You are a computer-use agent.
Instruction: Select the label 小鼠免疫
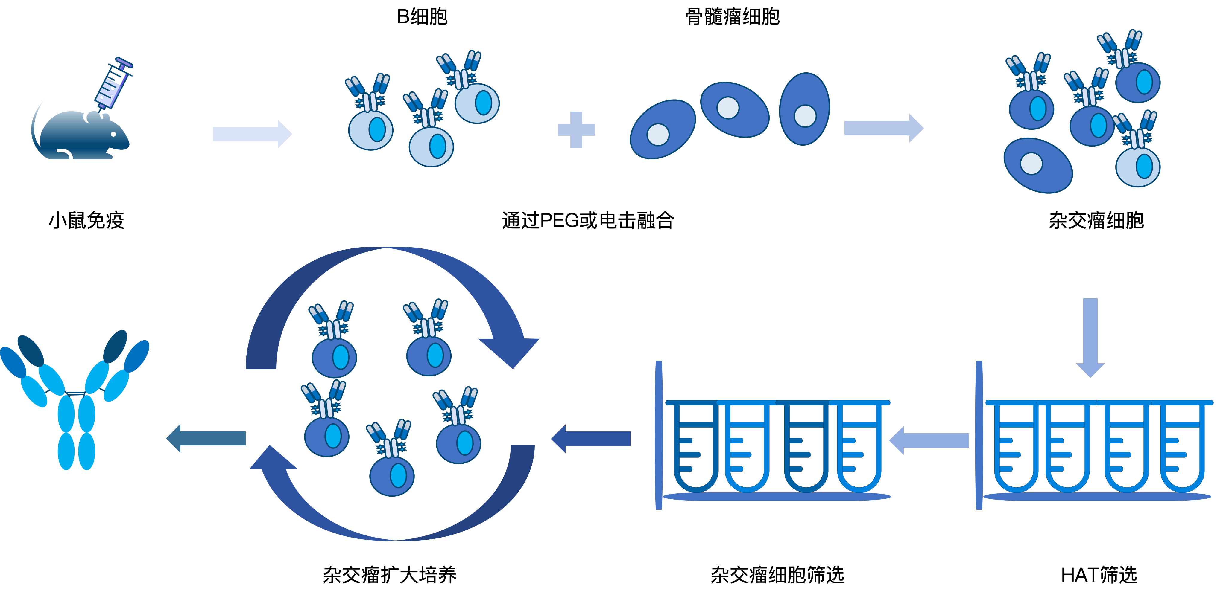point(86,221)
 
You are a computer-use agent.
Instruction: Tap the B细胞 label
point(422,17)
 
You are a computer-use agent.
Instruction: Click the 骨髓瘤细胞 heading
point(732,17)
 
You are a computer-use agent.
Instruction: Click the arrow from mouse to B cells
point(252,134)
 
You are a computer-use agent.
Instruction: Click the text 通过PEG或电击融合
point(588,221)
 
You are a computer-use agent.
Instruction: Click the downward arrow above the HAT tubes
point(1090,338)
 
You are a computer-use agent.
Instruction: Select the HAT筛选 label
point(1099,575)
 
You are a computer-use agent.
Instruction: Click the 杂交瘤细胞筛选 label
point(777,575)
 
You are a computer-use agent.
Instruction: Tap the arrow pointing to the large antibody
point(206,438)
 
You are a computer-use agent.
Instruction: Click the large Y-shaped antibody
point(75,400)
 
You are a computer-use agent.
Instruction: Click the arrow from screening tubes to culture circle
point(591,439)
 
